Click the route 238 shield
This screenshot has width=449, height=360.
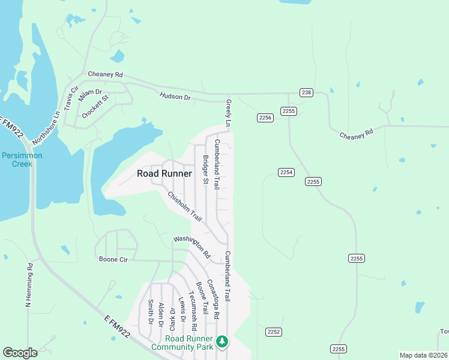pyautogui.click(x=307, y=92)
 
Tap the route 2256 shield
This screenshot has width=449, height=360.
pyautogui.click(x=265, y=118)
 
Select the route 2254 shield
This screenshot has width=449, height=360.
pyautogui.click(x=286, y=172)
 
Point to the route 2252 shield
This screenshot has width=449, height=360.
pyautogui.click(x=274, y=332)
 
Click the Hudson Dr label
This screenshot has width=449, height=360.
pyautogui.click(x=175, y=96)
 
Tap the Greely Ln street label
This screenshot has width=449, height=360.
pyautogui.click(x=228, y=113)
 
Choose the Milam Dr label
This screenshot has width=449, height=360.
pyautogui.click(x=91, y=92)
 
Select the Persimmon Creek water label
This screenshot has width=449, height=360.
pyautogui.click(x=22, y=159)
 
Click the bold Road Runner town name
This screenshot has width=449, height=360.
pyautogui.click(x=164, y=174)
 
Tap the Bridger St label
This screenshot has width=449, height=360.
pyautogui.click(x=205, y=170)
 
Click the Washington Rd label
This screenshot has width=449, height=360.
pyautogui.click(x=191, y=246)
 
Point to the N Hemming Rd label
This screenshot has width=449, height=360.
pyautogui.click(x=28, y=285)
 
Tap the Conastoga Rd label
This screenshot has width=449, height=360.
pyautogui.click(x=213, y=298)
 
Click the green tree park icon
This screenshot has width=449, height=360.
pyautogui.click(x=222, y=341)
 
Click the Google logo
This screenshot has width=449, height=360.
pyautogui.click(x=20, y=353)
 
